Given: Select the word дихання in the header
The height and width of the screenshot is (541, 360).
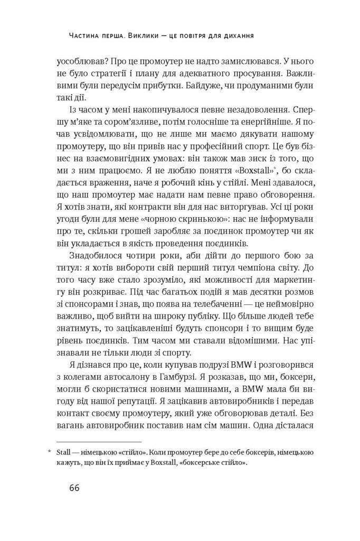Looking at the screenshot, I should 236,36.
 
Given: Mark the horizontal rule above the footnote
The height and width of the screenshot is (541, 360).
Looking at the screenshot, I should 99,442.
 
